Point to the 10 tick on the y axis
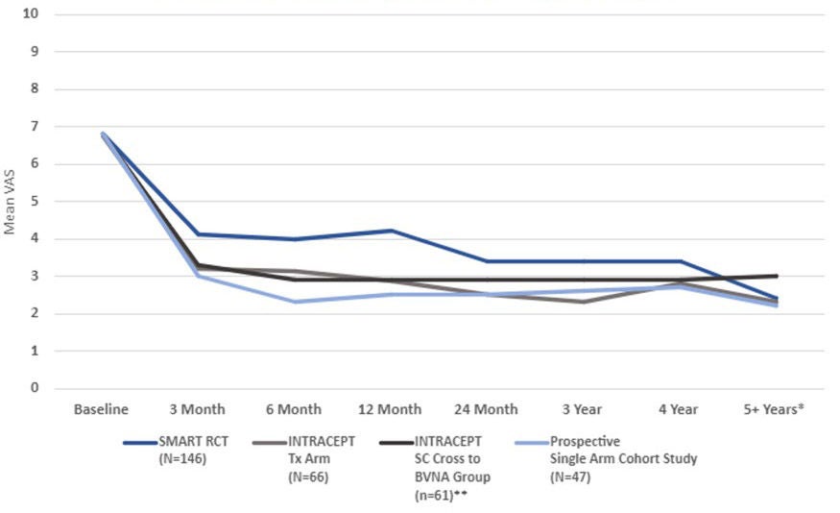[x=32, y=14]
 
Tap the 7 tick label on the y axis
[x=35, y=127]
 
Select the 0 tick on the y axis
[x=35, y=388]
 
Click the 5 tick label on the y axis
[x=35, y=202]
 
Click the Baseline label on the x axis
[x=102, y=409]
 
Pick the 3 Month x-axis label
[x=198, y=409]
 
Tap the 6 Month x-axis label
[x=294, y=409]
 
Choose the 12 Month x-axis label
[x=390, y=409]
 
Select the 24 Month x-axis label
[x=486, y=409]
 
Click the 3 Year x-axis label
[x=582, y=409]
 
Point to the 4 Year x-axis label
[x=678, y=409]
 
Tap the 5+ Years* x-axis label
[x=774, y=409]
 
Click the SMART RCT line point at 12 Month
[x=390, y=231]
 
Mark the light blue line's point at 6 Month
[x=294, y=302]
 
